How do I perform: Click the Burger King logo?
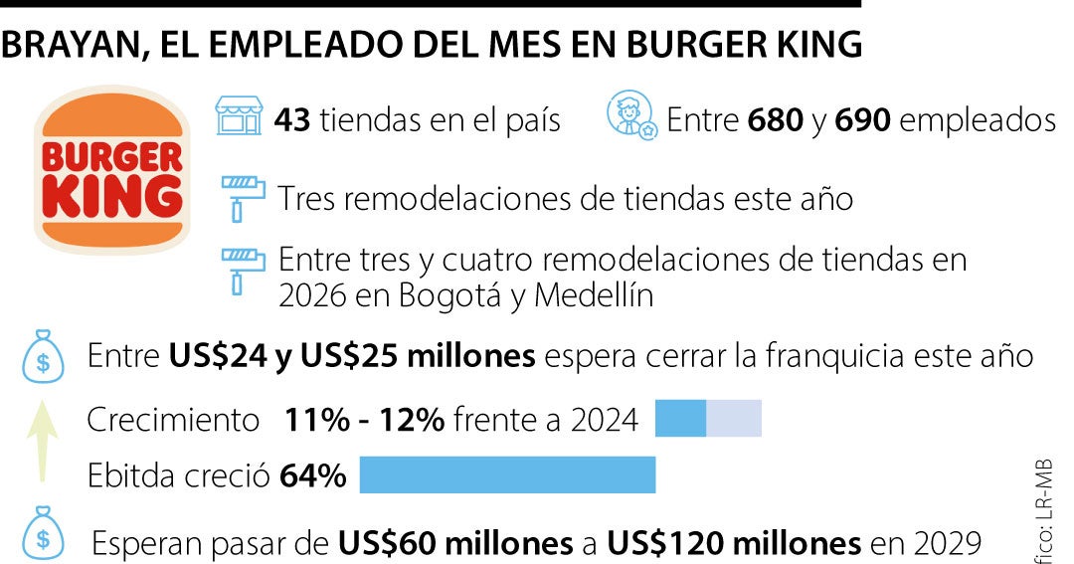coord(109,169)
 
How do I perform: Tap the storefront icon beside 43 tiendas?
coord(239,117)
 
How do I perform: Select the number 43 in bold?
coord(293,121)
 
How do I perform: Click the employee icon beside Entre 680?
coord(630,115)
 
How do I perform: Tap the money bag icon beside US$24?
coord(43,357)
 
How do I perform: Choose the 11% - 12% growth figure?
coord(364,421)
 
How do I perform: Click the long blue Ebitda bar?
coord(507,475)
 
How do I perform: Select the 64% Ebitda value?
coord(313,476)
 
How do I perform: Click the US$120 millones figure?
coord(735,543)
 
